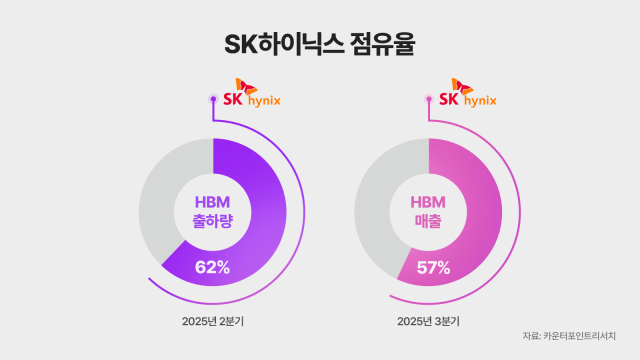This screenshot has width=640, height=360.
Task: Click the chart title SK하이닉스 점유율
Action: (x=320, y=46)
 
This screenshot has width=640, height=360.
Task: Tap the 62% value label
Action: (x=212, y=267)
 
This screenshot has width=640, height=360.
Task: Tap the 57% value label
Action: (x=432, y=267)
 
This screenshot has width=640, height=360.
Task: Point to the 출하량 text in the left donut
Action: (x=212, y=224)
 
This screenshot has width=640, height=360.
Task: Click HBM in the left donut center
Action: (x=212, y=201)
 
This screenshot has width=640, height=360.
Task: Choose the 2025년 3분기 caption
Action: (x=431, y=321)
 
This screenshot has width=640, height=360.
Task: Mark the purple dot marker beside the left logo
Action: (x=212, y=99)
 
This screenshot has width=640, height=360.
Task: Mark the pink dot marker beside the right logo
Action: (x=430, y=99)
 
